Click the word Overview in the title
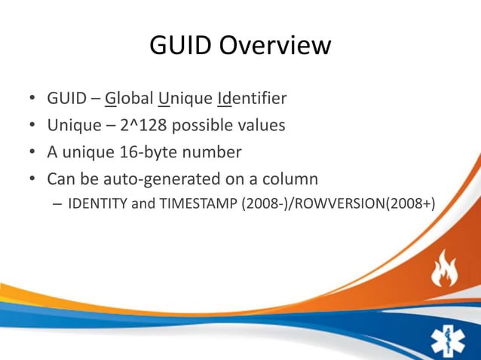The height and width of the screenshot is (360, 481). pos(274,47)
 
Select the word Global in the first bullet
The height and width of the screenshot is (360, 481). pos(128,99)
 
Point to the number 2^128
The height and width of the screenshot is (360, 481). pos(146,125)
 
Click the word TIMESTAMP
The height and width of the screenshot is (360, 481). pos(195,203)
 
